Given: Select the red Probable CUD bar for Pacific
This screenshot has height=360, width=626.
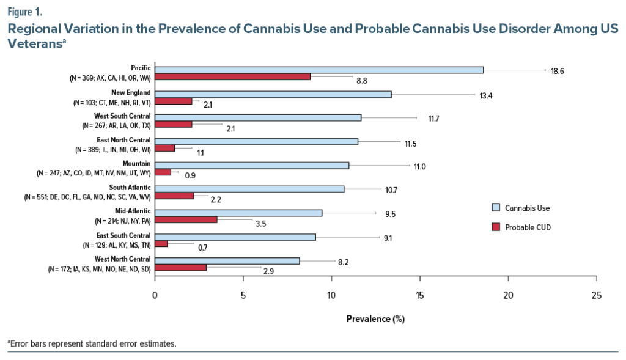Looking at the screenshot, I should point(233,77).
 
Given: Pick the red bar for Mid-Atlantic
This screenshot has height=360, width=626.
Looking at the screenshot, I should point(186,220).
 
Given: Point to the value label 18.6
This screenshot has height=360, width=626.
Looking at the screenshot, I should point(557,71).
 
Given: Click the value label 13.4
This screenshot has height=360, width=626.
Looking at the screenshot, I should point(486,95).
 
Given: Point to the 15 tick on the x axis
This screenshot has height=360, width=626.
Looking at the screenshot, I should point(420,296).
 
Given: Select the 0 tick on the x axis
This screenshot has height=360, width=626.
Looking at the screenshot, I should point(155,296).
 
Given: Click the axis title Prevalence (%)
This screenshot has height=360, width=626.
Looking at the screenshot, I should point(375,319).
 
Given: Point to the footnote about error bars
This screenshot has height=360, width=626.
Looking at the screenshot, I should point(92,343).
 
